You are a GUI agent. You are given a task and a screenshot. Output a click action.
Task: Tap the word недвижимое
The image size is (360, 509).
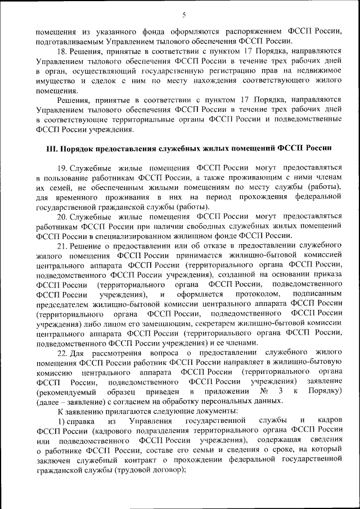click(317, 71)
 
